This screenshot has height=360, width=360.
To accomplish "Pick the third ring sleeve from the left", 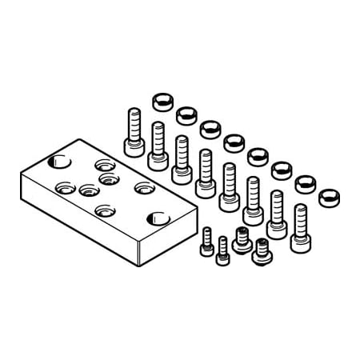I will tap(210, 128).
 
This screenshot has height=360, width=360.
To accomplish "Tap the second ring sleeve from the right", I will tap(305, 183).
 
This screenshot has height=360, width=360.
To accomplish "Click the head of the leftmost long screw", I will tap(133, 147).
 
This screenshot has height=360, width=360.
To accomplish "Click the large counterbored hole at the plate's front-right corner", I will tap(157, 218).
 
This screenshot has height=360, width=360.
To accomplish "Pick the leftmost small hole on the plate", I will tap(63, 189).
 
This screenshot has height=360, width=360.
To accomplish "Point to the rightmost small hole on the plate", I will tap(142, 188).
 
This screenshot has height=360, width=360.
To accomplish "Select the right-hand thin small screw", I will tap(222, 249).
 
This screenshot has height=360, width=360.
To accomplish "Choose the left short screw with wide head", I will tap(242, 237).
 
